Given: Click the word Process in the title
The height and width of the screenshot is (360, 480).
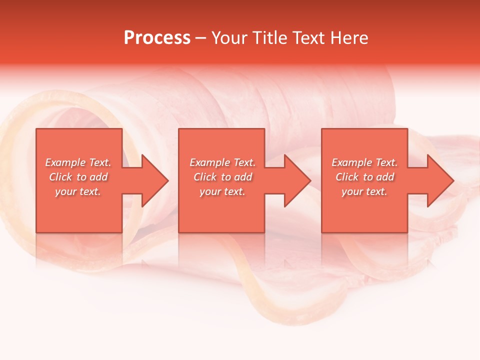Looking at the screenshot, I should pyautogui.click(x=157, y=37).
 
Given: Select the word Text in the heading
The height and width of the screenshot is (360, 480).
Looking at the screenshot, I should pyautogui.click(x=309, y=37).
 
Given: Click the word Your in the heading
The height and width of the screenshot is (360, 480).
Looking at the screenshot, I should pyautogui.click(x=229, y=37).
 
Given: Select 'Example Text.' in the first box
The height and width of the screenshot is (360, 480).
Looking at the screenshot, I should pyautogui.click(x=78, y=162).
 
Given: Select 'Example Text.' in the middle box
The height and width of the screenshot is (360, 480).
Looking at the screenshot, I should pyautogui.click(x=222, y=162).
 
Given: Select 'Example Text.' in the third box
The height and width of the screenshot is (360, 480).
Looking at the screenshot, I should pyautogui.click(x=364, y=162).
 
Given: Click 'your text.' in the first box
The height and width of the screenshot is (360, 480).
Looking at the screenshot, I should pyautogui.click(x=78, y=191).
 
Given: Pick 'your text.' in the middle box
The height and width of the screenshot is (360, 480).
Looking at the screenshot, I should pyautogui.click(x=222, y=191).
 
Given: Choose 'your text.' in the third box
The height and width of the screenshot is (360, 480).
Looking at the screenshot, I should pyautogui.click(x=364, y=191).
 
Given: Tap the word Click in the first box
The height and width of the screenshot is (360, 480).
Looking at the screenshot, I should pyautogui.click(x=60, y=177).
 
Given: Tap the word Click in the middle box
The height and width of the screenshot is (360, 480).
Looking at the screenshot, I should pyautogui.click(x=205, y=177).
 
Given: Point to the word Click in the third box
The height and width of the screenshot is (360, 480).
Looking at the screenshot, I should pyautogui.click(x=347, y=177).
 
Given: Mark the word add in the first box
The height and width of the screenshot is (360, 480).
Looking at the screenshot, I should pyautogui.click(x=98, y=177).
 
